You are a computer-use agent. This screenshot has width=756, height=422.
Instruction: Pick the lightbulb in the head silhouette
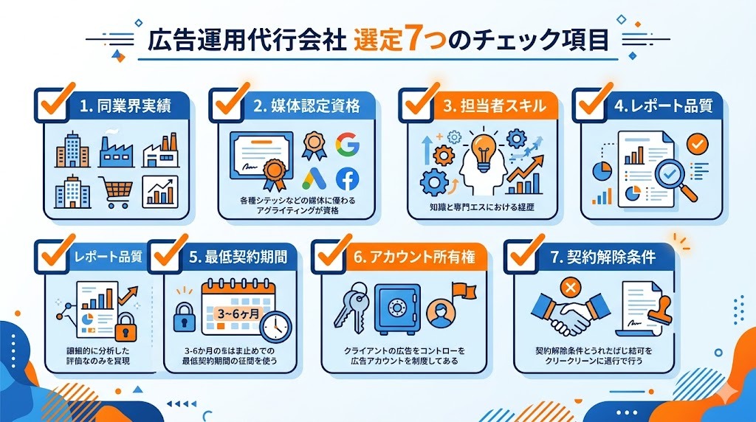pyautogui.click(x=484, y=147)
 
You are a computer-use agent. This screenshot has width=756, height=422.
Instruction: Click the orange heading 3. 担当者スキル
pyautogui.click(x=495, y=106)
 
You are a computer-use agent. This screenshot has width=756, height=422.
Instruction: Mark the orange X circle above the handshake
pyautogui.click(x=569, y=286)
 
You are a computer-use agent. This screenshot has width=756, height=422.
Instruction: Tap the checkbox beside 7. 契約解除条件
pyautogui.click(x=526, y=253)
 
